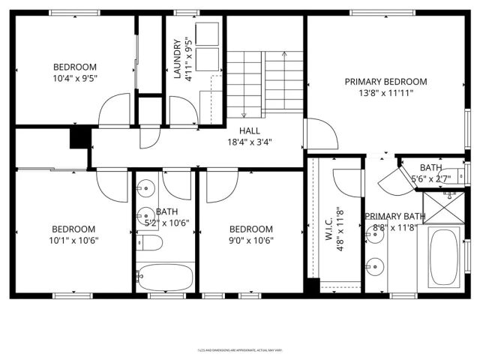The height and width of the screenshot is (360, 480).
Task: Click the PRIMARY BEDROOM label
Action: click(385, 82)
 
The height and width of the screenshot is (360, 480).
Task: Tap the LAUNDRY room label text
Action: click(178, 60)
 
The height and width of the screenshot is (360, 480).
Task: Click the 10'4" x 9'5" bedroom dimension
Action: click(73, 77)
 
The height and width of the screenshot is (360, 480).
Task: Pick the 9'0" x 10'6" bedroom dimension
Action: click(250, 241)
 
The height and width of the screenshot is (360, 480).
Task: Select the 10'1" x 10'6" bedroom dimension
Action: click(73, 241)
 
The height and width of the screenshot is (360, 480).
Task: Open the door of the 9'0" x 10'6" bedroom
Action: click(222, 187)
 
